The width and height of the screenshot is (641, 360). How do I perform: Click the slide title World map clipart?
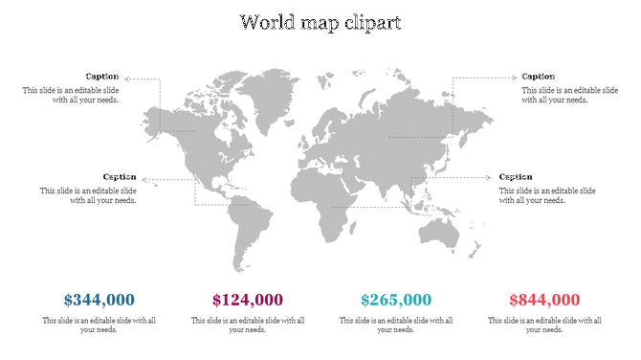click(320, 21)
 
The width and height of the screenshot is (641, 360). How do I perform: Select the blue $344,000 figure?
click(99, 300)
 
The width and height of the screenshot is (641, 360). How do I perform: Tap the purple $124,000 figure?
click(248, 300)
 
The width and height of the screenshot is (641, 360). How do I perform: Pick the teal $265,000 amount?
click(396, 300)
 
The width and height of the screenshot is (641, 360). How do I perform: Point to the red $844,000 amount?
click(544, 300)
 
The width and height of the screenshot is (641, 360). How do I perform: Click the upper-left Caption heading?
click(102, 77)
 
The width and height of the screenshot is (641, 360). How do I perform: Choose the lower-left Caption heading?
click(120, 177)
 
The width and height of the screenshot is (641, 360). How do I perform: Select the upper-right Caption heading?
click(538, 77)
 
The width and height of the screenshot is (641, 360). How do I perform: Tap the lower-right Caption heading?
click(516, 177)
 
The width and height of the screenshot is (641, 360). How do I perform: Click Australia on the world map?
click(443, 230)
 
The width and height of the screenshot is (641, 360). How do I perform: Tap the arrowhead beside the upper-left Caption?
click(127, 79)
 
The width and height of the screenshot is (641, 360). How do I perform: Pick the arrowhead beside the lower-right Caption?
click(492, 177)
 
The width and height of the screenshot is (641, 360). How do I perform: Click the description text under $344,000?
click(99, 325)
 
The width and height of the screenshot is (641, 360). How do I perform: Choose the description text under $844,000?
click(544, 325)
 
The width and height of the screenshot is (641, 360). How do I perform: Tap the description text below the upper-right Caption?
click(555, 95)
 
